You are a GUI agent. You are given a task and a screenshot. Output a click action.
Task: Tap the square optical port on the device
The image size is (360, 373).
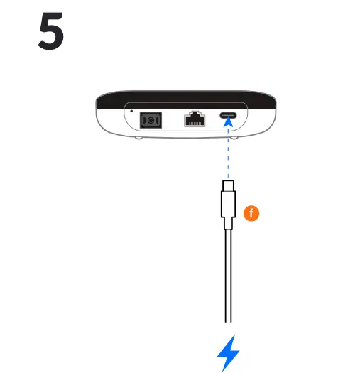[x=151, y=121]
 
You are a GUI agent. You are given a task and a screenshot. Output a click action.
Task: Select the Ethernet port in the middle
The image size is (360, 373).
[x=194, y=120]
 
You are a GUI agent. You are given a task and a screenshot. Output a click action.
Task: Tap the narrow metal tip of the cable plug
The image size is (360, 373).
[x=228, y=187]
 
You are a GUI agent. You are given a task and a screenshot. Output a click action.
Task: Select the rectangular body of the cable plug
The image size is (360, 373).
[x=228, y=205]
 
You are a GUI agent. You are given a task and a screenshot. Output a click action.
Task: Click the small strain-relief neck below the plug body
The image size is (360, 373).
[x=228, y=225]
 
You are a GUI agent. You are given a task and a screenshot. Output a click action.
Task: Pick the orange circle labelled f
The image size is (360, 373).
[x=251, y=212]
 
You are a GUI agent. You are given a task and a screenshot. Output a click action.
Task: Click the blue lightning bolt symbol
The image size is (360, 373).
[x=228, y=352]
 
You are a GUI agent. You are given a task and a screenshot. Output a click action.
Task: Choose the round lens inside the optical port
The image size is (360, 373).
[x=151, y=121]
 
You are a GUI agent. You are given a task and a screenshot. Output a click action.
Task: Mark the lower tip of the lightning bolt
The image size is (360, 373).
[x=222, y=369]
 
